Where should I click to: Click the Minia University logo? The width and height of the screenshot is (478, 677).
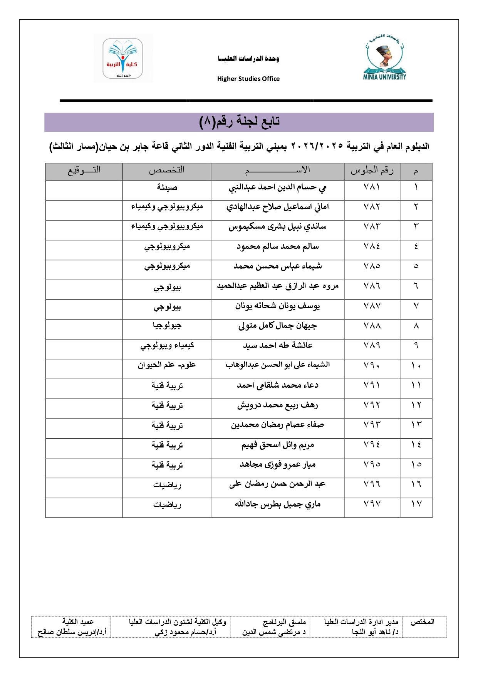pyautogui.click(x=384, y=58)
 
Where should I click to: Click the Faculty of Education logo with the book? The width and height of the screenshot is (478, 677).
pyautogui.click(x=123, y=58)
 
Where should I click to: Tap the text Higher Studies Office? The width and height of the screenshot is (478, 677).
pyautogui.click(x=248, y=79)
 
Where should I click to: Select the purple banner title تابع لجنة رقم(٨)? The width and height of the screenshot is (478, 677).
pyautogui.click(x=239, y=122)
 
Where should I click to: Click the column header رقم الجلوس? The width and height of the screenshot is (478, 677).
pyautogui.click(x=372, y=171)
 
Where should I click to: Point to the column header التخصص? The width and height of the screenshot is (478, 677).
pyautogui.click(x=167, y=170)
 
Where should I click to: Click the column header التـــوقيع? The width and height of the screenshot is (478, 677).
pyautogui.click(x=84, y=170)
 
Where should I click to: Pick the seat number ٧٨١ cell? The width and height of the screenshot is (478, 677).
pyautogui.click(x=372, y=187)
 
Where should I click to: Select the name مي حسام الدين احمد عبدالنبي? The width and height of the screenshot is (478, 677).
pyautogui.click(x=277, y=188)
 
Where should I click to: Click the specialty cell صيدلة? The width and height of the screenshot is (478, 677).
pyautogui.click(x=167, y=187)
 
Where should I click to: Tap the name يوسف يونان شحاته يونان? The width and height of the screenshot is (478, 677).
pyautogui.click(x=277, y=306)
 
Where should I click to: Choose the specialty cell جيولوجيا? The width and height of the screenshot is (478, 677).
pyautogui.click(x=167, y=326)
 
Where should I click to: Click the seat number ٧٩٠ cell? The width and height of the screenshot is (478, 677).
pyautogui.click(x=372, y=365)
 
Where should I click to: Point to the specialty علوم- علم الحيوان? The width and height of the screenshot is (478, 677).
pyautogui.click(x=167, y=365)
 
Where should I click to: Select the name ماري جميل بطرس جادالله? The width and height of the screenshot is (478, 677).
pyautogui.click(x=277, y=504)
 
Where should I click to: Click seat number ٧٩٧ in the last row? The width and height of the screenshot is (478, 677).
pyautogui.click(x=372, y=504)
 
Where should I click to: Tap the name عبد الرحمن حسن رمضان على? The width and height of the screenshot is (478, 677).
pyautogui.click(x=277, y=484)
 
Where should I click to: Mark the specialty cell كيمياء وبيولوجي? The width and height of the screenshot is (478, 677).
pyautogui.click(x=167, y=346)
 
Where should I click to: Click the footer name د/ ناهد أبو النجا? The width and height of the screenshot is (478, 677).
pyautogui.click(x=375, y=632)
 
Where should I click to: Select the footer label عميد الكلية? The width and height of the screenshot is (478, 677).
pyautogui.click(x=78, y=622)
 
